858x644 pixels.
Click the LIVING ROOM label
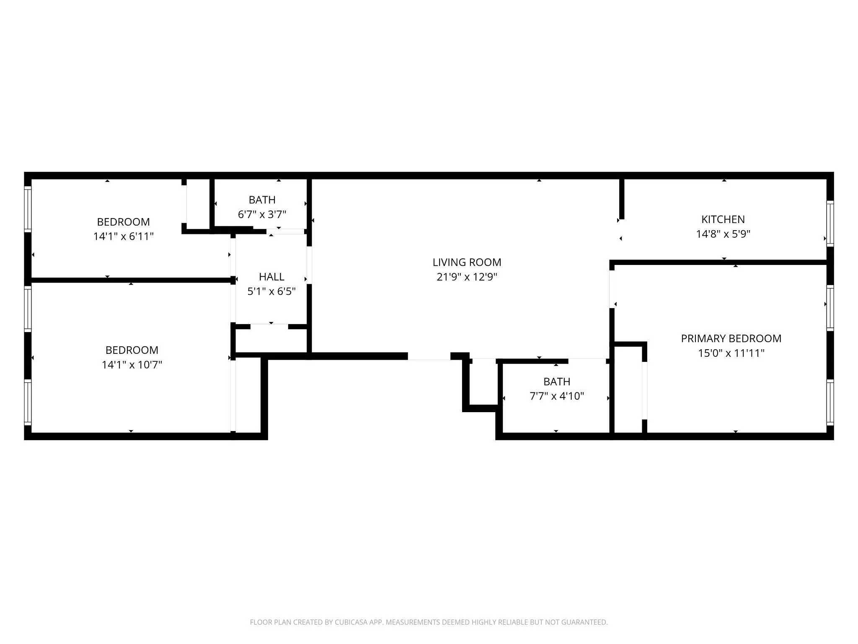coord(467,262)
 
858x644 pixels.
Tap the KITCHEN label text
coord(723,219)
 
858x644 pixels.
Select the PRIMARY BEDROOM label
coord(731,338)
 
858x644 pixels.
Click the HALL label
coord(271,277)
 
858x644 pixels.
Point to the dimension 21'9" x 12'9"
coord(467,277)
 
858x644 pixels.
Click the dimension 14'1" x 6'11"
coord(123,236)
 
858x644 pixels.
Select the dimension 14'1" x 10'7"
coord(132,365)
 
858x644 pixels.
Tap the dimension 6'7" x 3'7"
coord(262,215)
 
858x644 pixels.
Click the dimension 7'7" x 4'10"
coord(556,396)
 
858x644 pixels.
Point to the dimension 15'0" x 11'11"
coord(731,353)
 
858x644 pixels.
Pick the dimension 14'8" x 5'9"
coord(723,234)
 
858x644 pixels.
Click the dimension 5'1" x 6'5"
coord(271,291)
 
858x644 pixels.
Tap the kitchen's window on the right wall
coord(830,223)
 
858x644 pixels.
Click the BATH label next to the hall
coord(262,200)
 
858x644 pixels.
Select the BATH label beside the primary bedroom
coord(556,382)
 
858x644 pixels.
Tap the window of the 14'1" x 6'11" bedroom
coord(28,208)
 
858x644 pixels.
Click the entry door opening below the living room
coord(429,356)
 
